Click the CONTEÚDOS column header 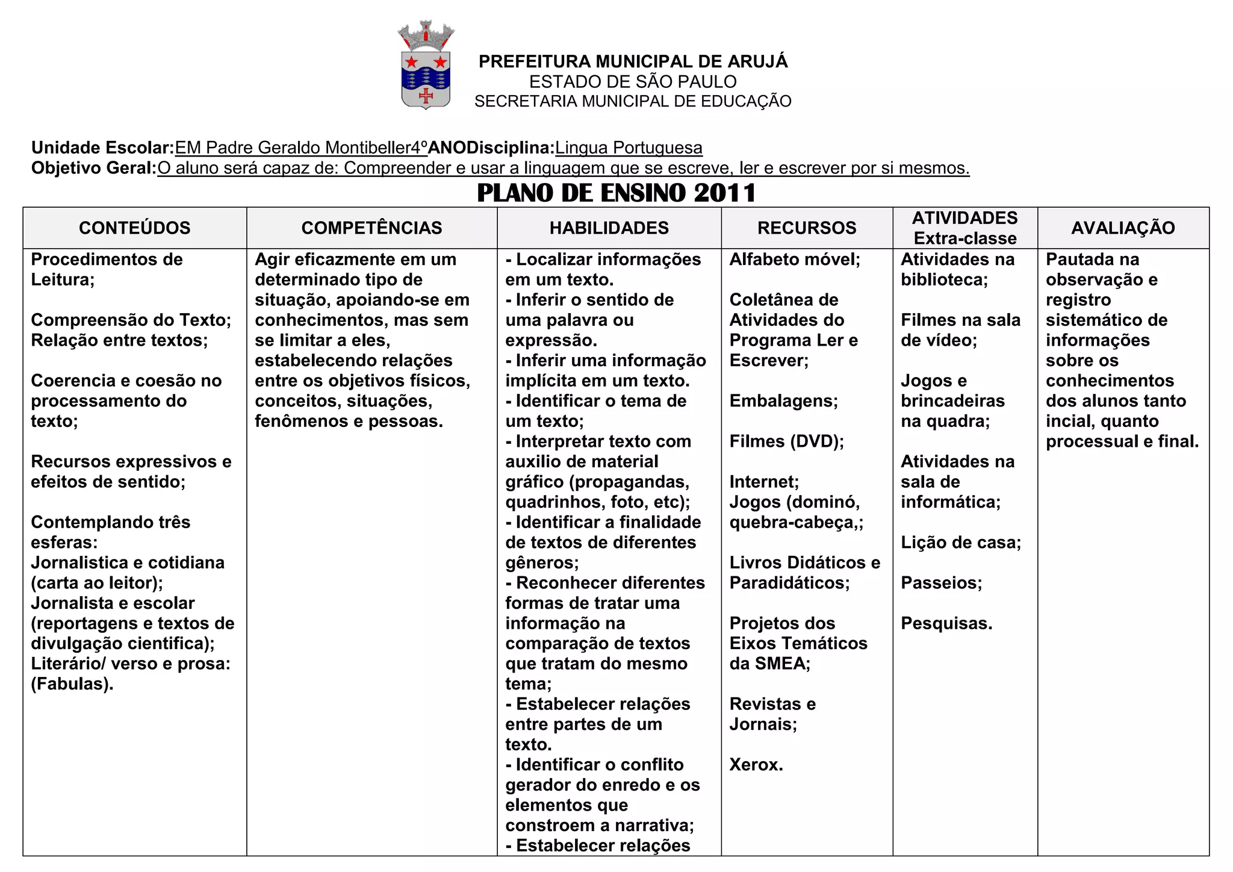tap(134, 228)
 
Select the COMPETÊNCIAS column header tap(371, 228)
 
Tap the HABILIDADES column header tap(609, 228)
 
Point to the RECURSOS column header tap(806, 228)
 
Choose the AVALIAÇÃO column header tap(1123, 228)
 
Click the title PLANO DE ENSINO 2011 tap(616, 193)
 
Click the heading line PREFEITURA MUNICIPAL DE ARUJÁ tap(633, 61)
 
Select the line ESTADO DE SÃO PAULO tap(633, 81)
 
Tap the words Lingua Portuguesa tap(629, 148)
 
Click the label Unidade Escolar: tap(102, 148)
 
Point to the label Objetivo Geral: tap(94, 167)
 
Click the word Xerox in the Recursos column tap(756, 765)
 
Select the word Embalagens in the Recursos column tap(783, 401)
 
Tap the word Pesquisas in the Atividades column tap(946, 623)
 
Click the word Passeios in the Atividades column tap(941, 583)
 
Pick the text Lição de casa tap(960, 543)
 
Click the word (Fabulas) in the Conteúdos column tap(72, 684)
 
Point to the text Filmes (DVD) tap(786, 441)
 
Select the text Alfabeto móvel tap(794, 260)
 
